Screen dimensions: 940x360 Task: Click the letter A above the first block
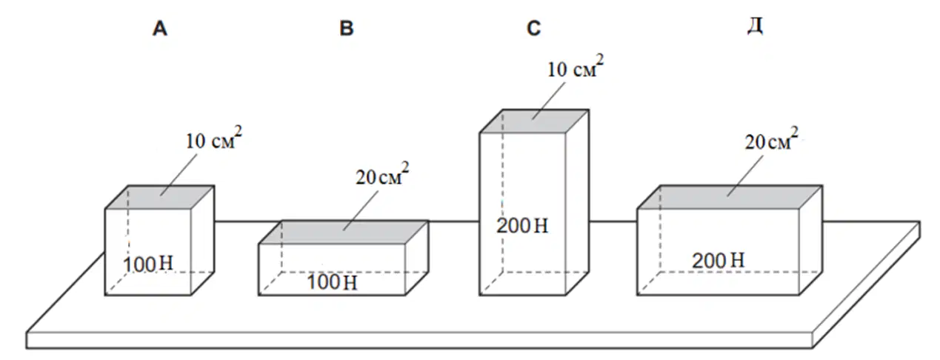(160, 29)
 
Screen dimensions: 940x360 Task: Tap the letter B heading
(347, 29)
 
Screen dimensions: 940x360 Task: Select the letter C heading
(534, 29)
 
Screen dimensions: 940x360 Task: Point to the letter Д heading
(756, 27)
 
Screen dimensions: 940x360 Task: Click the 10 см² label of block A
(214, 138)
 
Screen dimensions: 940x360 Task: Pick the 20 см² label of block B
(382, 174)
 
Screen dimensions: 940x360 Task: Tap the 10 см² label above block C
(576, 67)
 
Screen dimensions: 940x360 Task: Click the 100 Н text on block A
(147, 264)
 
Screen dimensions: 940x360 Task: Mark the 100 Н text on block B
(333, 282)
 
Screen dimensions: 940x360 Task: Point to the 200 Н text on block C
(522, 226)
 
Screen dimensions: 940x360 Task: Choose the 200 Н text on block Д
(719, 261)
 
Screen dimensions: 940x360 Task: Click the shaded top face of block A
(160, 197)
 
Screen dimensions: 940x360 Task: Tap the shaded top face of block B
(344, 232)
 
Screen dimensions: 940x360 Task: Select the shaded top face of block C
(534, 121)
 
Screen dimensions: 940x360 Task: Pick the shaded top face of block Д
(730, 197)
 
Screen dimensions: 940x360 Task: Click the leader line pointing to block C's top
(548, 101)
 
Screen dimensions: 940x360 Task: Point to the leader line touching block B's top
(361, 210)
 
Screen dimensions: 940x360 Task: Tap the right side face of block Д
(811, 241)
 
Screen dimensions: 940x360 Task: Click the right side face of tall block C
(578, 203)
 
